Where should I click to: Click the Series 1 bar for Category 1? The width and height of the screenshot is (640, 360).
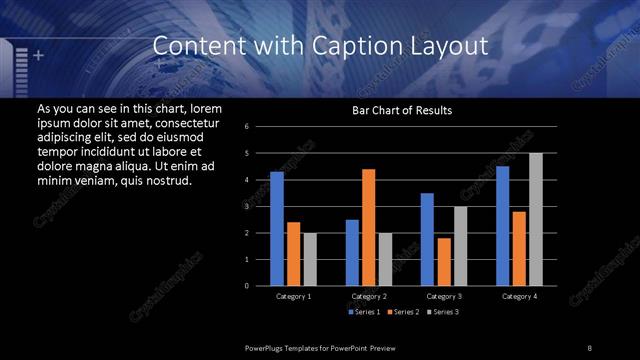[x=277, y=229]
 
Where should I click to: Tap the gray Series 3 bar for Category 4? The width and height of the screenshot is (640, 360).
[x=535, y=219]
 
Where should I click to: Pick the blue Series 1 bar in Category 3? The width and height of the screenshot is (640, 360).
[x=427, y=239]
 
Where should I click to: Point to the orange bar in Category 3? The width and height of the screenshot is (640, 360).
[x=444, y=261]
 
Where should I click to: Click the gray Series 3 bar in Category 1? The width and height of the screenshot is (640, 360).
[x=310, y=259]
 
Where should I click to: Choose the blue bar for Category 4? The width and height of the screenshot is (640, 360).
[x=503, y=226]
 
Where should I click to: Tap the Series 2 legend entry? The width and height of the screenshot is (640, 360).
[x=402, y=313]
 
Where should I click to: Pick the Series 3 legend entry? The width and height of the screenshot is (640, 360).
[x=441, y=313]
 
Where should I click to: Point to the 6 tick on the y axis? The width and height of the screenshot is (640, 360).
[x=260, y=127]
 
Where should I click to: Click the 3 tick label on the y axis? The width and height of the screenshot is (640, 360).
[x=260, y=206]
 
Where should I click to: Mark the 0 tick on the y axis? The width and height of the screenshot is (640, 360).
[x=260, y=286]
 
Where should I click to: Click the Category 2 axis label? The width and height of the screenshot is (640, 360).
[x=369, y=296]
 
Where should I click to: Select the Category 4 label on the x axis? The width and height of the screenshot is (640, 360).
[x=519, y=296]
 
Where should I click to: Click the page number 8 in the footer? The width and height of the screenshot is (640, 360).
[x=589, y=347]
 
